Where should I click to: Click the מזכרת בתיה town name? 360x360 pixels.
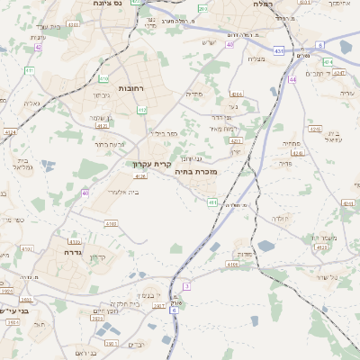point(194,169)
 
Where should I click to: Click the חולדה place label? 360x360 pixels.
point(280,218)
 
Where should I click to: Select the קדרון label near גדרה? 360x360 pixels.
point(98,257)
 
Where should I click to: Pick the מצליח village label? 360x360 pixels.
point(256,59)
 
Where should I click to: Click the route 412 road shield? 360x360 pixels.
point(142,110)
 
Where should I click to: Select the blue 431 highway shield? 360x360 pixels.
point(280,51)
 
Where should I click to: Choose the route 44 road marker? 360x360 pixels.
point(292,79)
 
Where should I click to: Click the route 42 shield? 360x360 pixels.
point(37,47)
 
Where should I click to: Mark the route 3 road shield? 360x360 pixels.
point(186,285)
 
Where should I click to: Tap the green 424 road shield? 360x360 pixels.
point(328,62)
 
